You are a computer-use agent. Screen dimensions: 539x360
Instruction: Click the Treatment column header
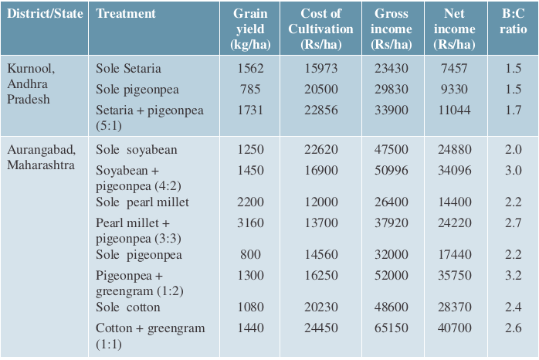pyautogui.click(x=126, y=14)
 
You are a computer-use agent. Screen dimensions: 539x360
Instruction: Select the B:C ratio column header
pyautogui.click(x=513, y=22)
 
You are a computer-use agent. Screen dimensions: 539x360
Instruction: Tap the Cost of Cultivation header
pyautogui.click(x=320, y=29)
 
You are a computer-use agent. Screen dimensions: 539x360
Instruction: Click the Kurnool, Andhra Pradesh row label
pyautogui.click(x=31, y=83)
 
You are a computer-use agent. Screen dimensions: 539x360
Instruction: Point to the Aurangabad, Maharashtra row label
pyautogui.click(x=41, y=157)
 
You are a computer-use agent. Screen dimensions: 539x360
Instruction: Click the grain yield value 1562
pyautogui.click(x=250, y=69)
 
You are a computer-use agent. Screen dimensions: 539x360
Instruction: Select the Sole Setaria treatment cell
pyautogui.click(x=128, y=69)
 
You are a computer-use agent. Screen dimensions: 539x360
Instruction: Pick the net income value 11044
pyautogui.click(x=454, y=110)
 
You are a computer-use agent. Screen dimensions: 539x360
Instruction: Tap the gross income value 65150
pyautogui.click(x=392, y=328)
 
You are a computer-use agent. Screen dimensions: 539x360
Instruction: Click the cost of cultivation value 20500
pyautogui.click(x=321, y=90)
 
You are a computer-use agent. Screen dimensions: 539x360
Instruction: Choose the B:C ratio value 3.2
pyautogui.click(x=514, y=276)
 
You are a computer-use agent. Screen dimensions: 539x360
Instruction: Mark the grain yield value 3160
pyautogui.click(x=250, y=222)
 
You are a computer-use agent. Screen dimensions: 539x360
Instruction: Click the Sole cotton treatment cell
pyautogui.click(x=128, y=307)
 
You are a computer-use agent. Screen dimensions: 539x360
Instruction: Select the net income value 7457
pyautogui.click(x=454, y=69)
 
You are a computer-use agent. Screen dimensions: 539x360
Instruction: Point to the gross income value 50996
pyautogui.click(x=392, y=171)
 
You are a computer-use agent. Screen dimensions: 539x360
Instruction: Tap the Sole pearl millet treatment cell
pyautogui.click(x=142, y=202)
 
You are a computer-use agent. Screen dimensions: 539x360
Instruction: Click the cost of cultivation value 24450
pyautogui.click(x=321, y=328)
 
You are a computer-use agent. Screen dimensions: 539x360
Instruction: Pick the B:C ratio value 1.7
pyautogui.click(x=514, y=110)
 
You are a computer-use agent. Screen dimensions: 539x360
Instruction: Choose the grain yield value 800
pyautogui.click(x=250, y=254)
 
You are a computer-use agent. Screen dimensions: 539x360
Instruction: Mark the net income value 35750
pyautogui.click(x=454, y=276)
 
